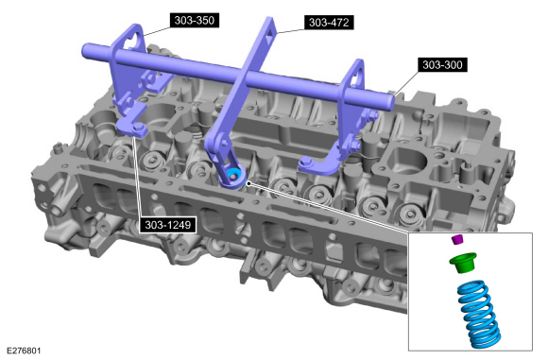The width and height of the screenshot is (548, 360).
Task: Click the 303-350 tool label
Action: (195, 20)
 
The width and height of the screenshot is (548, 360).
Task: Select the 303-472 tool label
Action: (329, 23)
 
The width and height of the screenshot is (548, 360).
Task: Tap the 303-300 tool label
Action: (442, 64)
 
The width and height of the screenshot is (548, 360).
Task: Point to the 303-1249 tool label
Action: (168, 225)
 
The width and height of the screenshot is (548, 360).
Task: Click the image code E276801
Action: (24, 351)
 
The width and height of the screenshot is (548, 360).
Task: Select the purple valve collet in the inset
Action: (456, 239)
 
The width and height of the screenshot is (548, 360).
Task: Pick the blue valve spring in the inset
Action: (479, 313)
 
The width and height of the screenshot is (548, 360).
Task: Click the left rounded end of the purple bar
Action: (86, 51)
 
